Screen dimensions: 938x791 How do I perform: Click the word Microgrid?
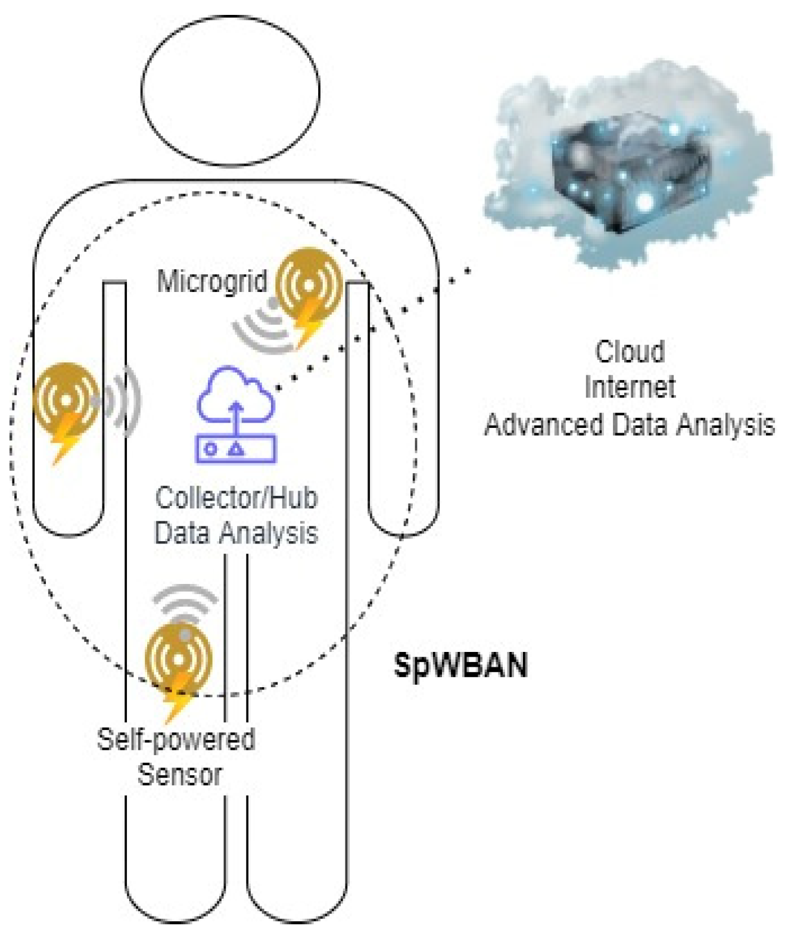pos(212,281)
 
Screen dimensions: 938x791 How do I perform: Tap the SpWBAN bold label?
pos(460,664)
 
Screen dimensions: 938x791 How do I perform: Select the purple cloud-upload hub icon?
pos(236,415)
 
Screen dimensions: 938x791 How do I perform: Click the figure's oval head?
pos(231,91)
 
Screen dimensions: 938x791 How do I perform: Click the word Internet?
pos(630,387)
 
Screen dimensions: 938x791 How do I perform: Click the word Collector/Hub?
pos(236,498)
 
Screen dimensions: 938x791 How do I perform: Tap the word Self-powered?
pos(176,740)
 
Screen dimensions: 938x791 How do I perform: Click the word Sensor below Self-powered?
pos(180,774)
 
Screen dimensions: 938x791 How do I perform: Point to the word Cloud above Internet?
pos(630,352)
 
